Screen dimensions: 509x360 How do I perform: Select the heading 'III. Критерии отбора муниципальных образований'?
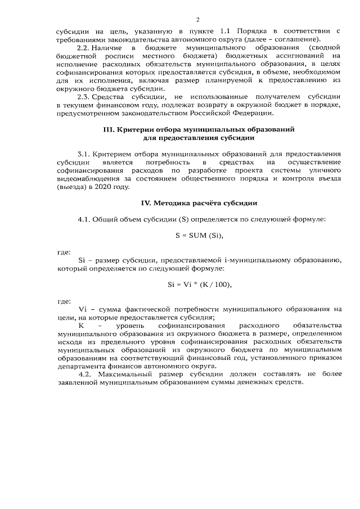(x=199, y=129)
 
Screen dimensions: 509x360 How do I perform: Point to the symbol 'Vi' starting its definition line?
(x=85, y=309)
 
